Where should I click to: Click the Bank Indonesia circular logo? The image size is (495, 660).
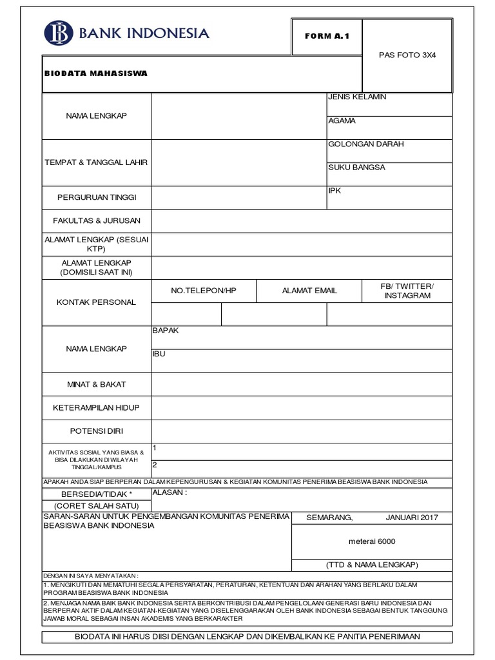pyautogui.click(x=58, y=34)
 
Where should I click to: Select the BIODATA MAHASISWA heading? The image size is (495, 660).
pyautogui.click(x=96, y=73)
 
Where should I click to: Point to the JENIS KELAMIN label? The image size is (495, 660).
pyautogui.click(x=357, y=97)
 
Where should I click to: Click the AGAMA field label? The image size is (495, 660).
pyautogui.click(x=342, y=121)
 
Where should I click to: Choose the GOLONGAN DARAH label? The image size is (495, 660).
pyautogui.click(x=366, y=144)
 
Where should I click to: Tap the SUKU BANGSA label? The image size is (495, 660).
pyautogui.click(x=357, y=168)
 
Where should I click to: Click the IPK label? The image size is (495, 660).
pyautogui.click(x=335, y=191)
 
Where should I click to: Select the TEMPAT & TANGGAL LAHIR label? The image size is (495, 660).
pyautogui.click(x=96, y=162)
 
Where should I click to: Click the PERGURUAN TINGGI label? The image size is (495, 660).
pyautogui.click(x=96, y=197)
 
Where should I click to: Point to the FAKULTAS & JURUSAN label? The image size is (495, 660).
pyautogui.click(x=96, y=220)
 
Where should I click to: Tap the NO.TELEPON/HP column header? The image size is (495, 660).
pyautogui.click(x=204, y=291)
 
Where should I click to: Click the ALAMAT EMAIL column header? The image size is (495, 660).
pyautogui.click(x=309, y=291)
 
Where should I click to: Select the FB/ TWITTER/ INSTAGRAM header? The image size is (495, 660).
pyautogui.click(x=407, y=291)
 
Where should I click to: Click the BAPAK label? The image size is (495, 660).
pyautogui.click(x=165, y=331)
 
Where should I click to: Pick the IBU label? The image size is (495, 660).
pyautogui.click(x=159, y=354)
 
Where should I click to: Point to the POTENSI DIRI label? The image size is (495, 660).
pyautogui.click(x=96, y=431)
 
